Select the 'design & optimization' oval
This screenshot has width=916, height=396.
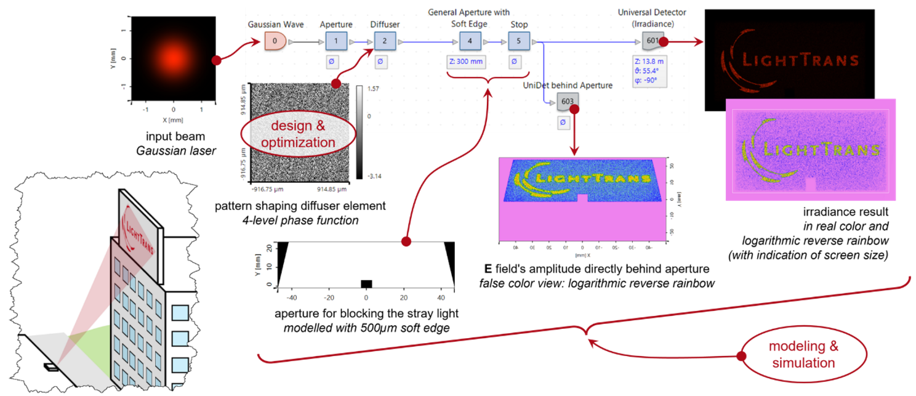coord(298,134)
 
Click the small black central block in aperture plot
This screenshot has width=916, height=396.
coord(366,284)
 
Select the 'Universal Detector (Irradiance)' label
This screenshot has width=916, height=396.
coord(653,18)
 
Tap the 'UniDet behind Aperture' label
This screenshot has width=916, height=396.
coord(567,86)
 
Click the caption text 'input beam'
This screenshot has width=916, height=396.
coord(173,135)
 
